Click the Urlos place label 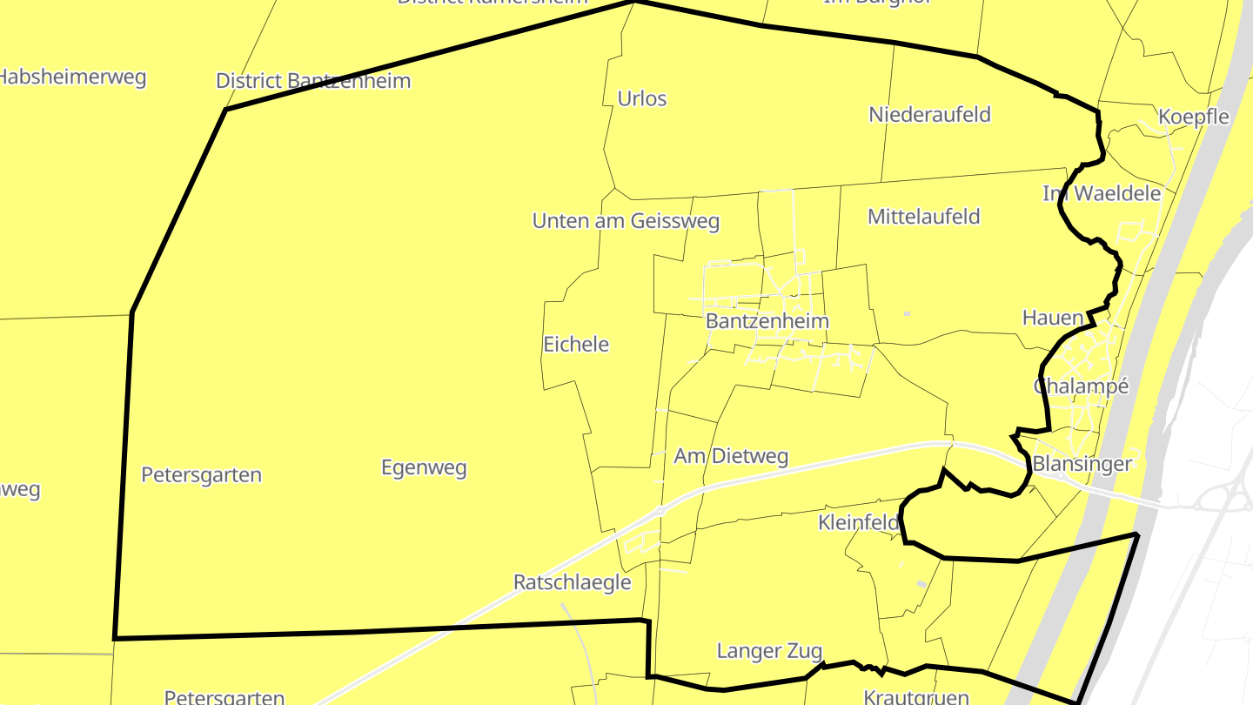[x=641, y=98]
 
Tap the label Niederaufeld [x=929, y=114]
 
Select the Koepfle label [x=1193, y=117]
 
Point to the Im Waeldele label [x=1102, y=193]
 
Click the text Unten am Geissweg [x=626, y=221]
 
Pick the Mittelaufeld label [x=923, y=216]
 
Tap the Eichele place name [x=576, y=344]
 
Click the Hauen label [x=1053, y=318]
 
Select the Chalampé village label [x=1081, y=386]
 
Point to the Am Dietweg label [x=731, y=455]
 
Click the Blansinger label [x=1082, y=463]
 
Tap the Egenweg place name [x=424, y=467]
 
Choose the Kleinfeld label [x=858, y=522]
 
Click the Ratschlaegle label [x=572, y=581]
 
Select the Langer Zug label [x=769, y=650]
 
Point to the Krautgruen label [x=916, y=696]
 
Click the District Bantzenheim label [x=313, y=81]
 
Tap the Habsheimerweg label [x=71, y=77]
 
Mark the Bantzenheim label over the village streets [x=767, y=320]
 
